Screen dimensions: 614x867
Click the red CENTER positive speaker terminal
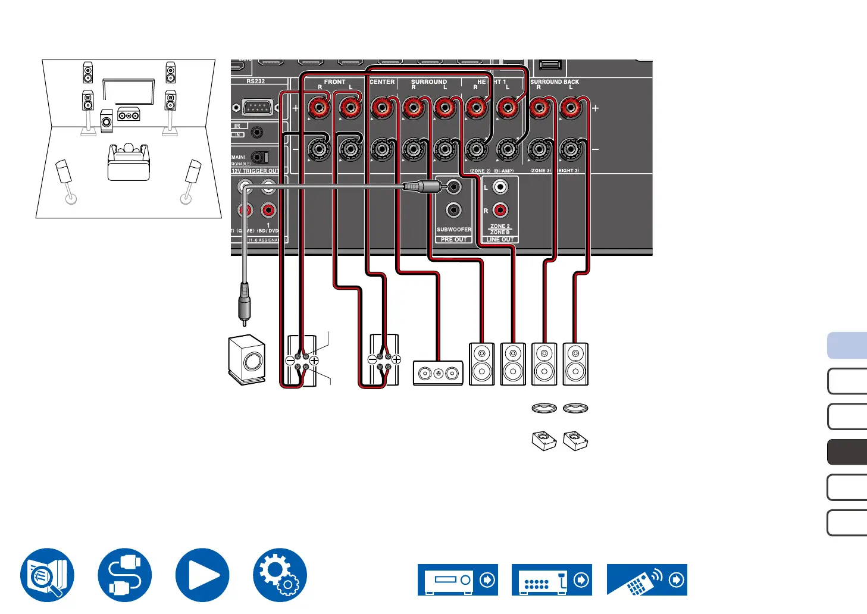coord(381,108)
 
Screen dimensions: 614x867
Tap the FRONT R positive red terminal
coord(319,108)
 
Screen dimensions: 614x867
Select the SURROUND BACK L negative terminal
coord(570,149)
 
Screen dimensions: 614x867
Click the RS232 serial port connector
coord(256,108)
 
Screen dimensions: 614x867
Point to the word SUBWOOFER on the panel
coord(454,230)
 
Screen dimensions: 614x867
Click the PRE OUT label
coord(454,239)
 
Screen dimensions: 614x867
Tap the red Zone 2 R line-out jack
coord(500,210)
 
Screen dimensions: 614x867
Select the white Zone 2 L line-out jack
coord(500,187)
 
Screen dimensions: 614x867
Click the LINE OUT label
coord(500,239)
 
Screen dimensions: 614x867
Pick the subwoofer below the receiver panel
coord(247,361)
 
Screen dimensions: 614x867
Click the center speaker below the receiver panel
coord(438,374)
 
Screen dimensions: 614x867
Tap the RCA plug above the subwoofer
coord(244,303)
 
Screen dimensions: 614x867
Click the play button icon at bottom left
coord(202,575)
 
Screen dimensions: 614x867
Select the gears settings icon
coord(280,575)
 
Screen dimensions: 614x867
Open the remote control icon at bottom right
coord(647,579)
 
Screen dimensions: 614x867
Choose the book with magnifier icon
coord(47,575)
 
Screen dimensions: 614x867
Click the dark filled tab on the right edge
coord(847,452)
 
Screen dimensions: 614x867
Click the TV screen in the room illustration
coord(129,92)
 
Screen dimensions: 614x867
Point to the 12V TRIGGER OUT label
coord(255,171)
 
